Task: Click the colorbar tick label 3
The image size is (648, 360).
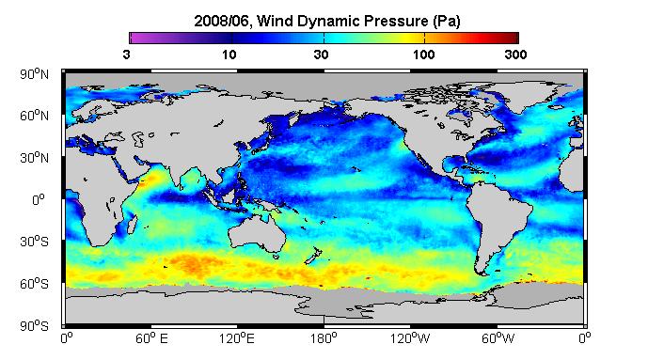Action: (126, 55)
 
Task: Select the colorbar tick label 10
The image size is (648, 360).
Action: (229, 55)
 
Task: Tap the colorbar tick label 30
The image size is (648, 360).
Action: (321, 55)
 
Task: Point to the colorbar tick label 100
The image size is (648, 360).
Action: (423, 55)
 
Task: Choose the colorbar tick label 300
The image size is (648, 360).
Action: (515, 55)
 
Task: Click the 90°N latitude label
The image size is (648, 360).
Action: (34, 74)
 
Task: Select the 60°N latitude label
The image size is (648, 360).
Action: (34, 116)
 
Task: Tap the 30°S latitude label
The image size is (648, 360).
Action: (34, 242)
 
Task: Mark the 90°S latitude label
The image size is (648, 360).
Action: (34, 326)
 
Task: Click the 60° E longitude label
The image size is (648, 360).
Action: (151, 339)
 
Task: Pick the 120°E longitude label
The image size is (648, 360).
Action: (237, 339)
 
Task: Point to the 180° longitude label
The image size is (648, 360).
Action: (324, 339)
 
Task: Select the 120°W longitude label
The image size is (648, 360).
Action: (410, 339)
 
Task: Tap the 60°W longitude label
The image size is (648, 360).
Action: (498, 339)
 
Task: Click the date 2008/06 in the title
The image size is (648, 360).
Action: (221, 21)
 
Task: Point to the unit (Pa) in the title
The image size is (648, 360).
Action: (447, 21)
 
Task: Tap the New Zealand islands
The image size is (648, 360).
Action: (313, 256)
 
